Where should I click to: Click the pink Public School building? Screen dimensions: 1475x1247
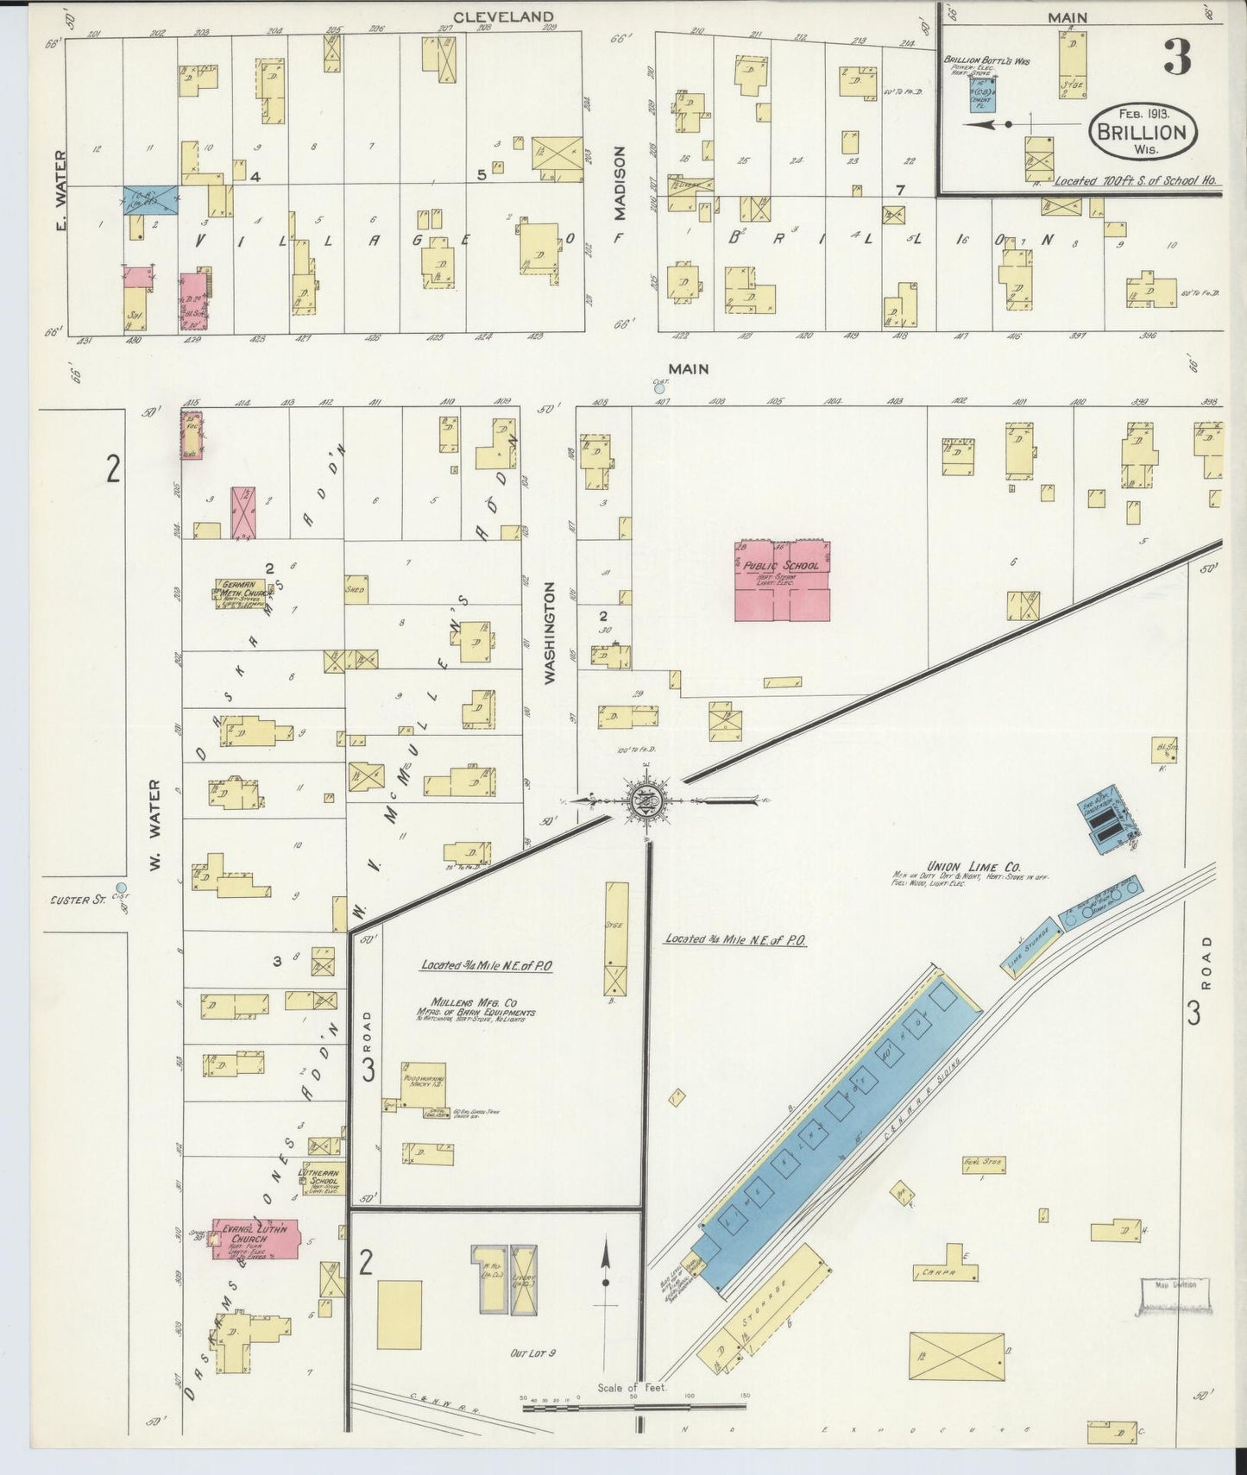coord(782,581)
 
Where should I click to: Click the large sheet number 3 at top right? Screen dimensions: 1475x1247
coord(1177,57)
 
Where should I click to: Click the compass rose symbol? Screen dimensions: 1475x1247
coord(646,800)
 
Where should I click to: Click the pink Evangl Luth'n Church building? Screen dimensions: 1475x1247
coord(255,1240)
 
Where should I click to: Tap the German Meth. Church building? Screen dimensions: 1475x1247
coord(241,593)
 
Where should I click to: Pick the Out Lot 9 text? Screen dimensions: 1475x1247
coord(532,1353)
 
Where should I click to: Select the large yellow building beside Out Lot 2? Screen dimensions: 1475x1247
coord(400,1314)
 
